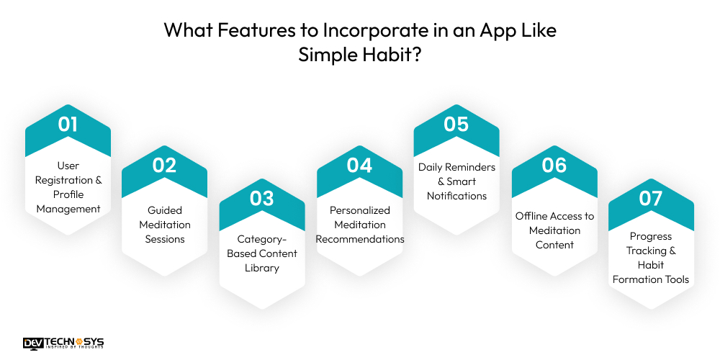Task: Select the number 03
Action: click(262, 198)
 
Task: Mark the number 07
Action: click(651, 198)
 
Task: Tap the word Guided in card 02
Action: click(165, 210)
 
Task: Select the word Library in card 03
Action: click(262, 268)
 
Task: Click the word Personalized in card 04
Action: click(360, 210)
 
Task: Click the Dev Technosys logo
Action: click(63, 343)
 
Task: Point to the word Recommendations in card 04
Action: click(360, 239)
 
